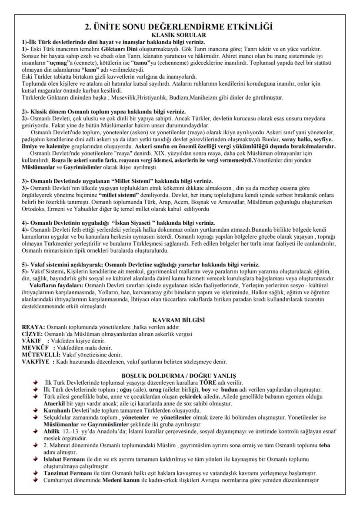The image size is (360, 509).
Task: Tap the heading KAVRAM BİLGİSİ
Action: pos(179,320)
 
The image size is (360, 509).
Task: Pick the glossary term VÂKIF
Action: pos(31,340)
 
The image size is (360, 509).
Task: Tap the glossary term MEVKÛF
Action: pos(34,347)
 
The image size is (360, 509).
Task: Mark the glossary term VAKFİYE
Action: pos(35,361)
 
